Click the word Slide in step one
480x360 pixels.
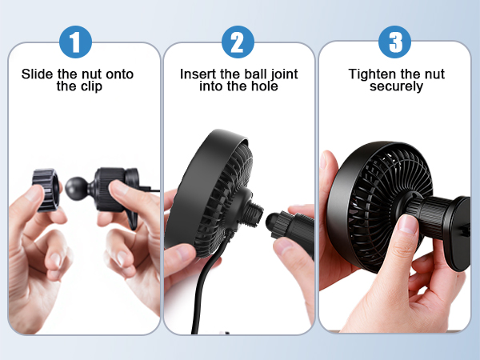[37, 74]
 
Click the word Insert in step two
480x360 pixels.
[197, 74]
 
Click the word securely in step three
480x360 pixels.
[396, 86]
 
